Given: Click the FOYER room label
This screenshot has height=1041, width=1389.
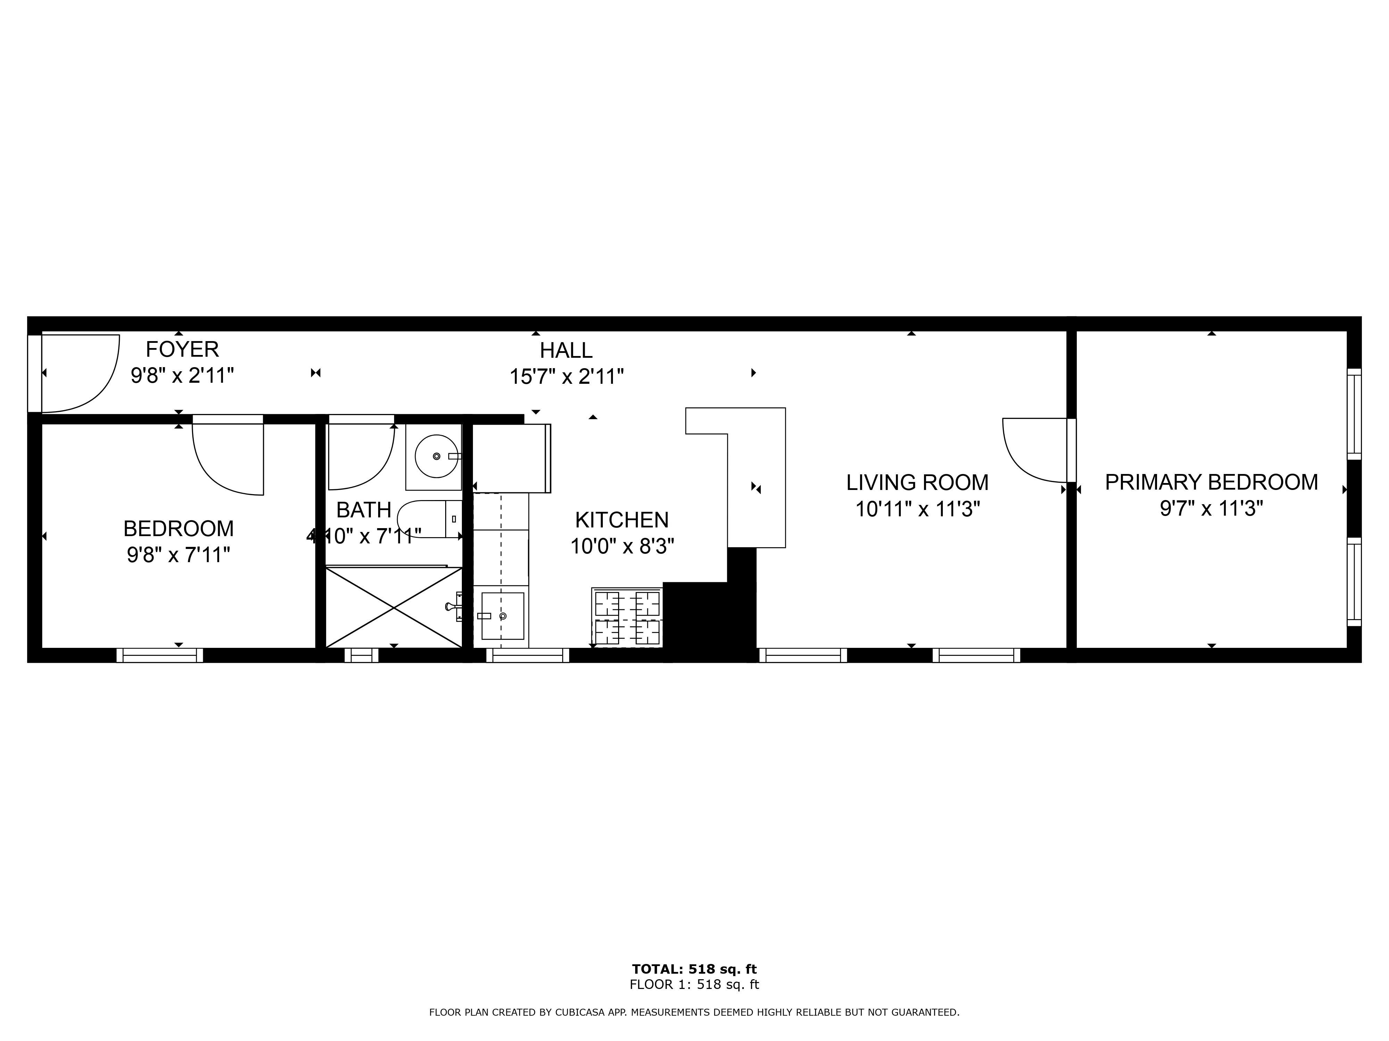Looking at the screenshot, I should (182, 349).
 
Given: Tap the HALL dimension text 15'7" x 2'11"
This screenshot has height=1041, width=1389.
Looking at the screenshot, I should (566, 376).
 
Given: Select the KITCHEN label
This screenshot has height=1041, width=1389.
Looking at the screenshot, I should (622, 520).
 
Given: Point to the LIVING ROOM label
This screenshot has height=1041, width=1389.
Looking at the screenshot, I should (917, 483).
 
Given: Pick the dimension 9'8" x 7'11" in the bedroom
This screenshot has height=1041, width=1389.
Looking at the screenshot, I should (179, 555).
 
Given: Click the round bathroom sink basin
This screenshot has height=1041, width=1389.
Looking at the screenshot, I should (436, 456).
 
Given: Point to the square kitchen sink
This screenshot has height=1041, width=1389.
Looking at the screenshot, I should (502, 616).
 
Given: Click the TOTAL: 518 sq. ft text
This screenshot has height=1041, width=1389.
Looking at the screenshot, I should (694, 970).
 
